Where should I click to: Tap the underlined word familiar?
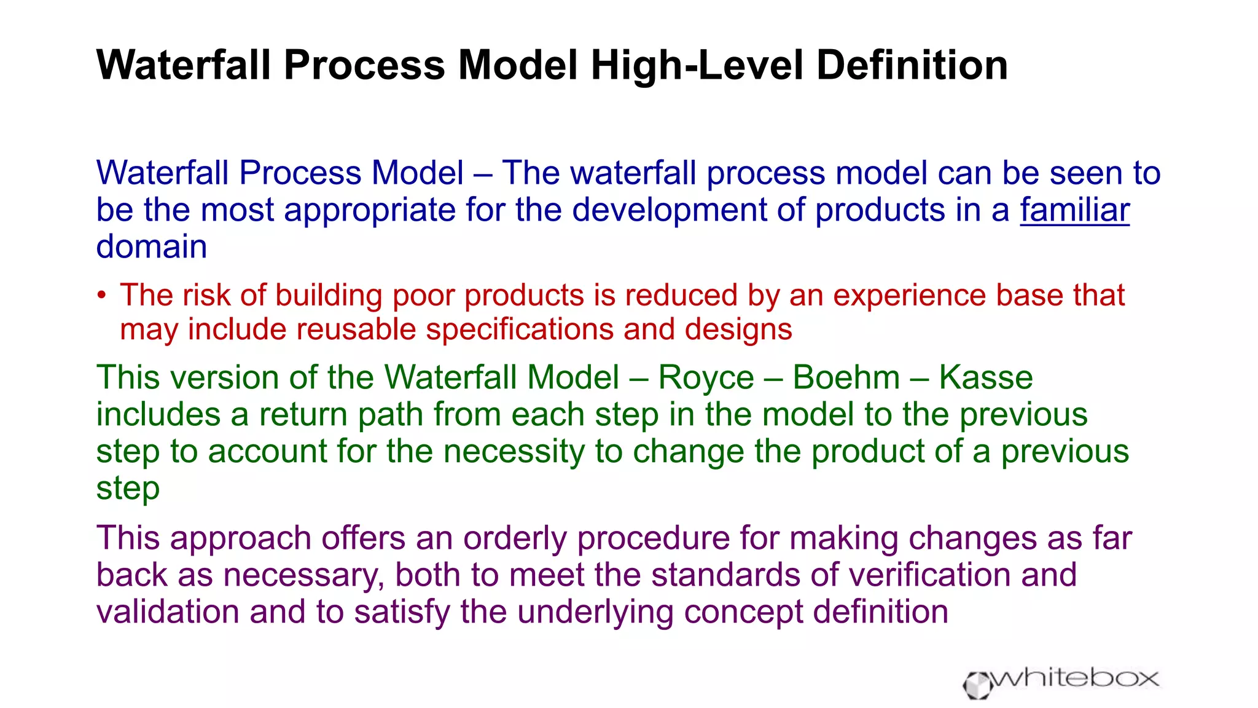point(1074,210)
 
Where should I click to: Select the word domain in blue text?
point(152,247)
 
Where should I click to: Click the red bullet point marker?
point(102,296)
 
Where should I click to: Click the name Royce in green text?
point(706,377)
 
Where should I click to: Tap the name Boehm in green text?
point(846,377)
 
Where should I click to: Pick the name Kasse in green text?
point(986,377)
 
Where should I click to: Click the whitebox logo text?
point(1075,678)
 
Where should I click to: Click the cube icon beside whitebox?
point(977,685)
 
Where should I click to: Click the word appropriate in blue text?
point(369,210)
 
